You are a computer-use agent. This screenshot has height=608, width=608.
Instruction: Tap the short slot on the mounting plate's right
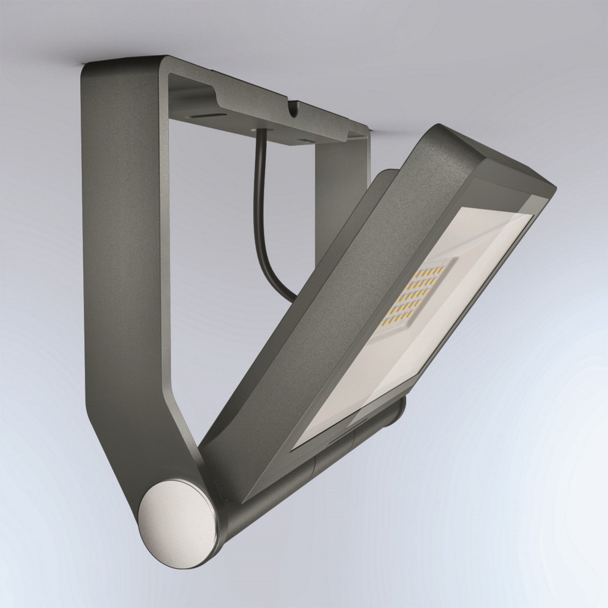(304, 140)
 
